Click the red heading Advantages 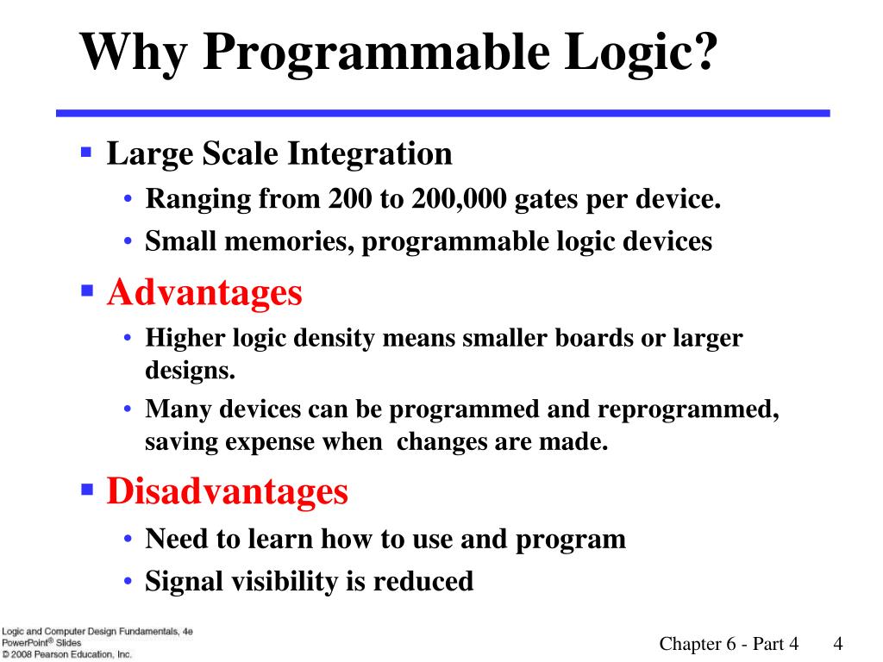[x=204, y=294]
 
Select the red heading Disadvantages [x=228, y=490]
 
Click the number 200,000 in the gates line [x=459, y=199]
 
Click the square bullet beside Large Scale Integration [x=86, y=152]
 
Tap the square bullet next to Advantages [x=87, y=290]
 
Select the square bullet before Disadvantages [x=87, y=489]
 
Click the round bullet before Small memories [x=128, y=241]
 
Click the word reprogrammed [x=688, y=409]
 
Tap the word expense [x=270, y=442]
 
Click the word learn [x=280, y=539]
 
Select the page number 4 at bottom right [x=838, y=643]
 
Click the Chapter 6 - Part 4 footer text [x=729, y=643]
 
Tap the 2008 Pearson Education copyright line [x=66, y=654]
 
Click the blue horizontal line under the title [x=443, y=113]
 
